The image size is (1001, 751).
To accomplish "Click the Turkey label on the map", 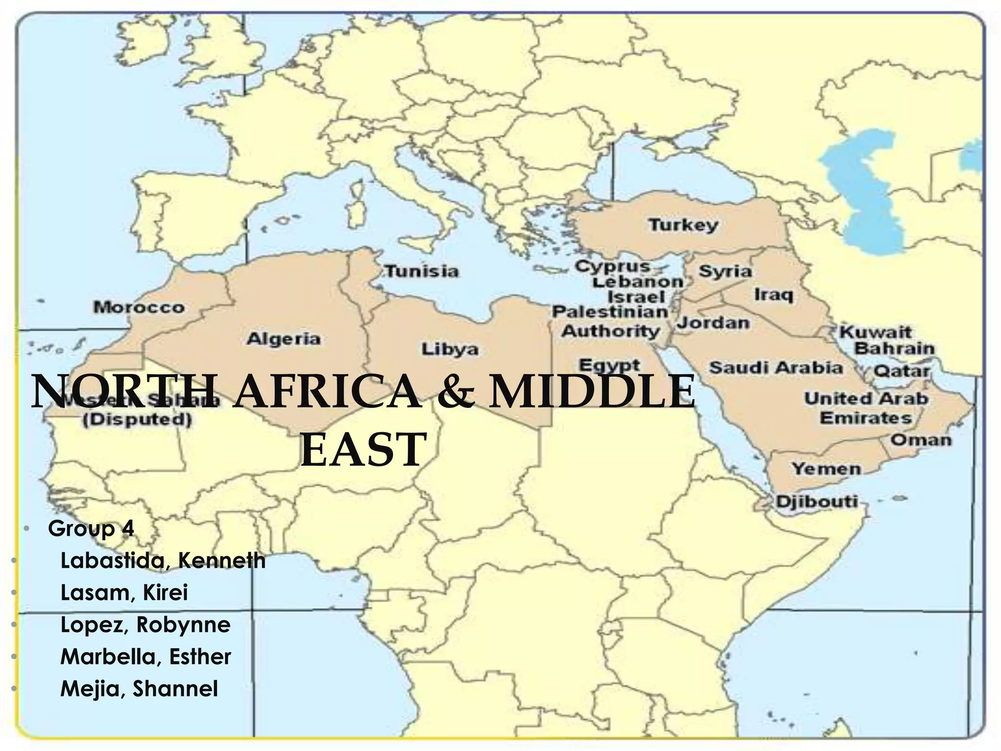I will tap(683, 225).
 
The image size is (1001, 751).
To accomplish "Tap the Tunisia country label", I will tap(422, 271).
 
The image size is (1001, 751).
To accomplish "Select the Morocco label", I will tap(139, 308).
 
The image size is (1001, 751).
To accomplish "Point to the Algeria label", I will tap(283, 338).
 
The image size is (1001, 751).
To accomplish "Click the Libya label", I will tap(450, 349).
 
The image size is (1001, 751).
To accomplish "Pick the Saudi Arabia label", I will tap(776, 367).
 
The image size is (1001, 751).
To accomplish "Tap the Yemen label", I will tap(827, 469).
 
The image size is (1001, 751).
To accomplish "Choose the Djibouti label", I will tap(817, 502).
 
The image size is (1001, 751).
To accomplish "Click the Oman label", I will tap(921, 440).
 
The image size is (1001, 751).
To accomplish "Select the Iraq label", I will tap(773, 295).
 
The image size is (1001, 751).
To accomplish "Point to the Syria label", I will tap(725, 271).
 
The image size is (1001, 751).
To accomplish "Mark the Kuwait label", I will tap(875, 332).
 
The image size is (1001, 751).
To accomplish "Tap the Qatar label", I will tap(901, 371).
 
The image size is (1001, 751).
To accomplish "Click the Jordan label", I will tap(713, 323).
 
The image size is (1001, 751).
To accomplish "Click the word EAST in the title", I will tap(363, 449).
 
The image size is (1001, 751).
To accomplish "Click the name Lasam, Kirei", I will tap(124, 593).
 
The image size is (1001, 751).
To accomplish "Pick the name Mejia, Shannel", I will tap(139, 688).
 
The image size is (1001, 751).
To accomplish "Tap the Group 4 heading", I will tap(91, 529).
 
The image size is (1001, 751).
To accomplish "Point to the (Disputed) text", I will tap(137, 420).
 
